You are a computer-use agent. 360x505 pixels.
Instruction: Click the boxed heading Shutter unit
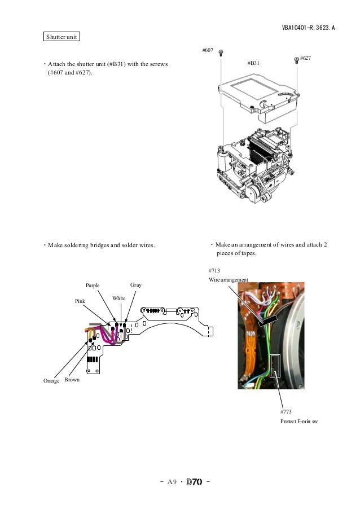pyautogui.click(x=62, y=37)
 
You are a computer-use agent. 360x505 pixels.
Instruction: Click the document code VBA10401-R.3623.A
pyautogui.click(x=308, y=27)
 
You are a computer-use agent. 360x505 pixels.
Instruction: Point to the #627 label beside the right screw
pyautogui.click(x=306, y=58)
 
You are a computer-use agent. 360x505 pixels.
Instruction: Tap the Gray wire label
pyautogui.click(x=136, y=285)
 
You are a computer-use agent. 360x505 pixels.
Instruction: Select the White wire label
pyautogui.click(x=118, y=297)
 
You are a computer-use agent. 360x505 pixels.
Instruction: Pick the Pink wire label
pyautogui.click(x=80, y=302)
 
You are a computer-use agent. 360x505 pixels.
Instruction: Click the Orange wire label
pyautogui.click(x=51, y=381)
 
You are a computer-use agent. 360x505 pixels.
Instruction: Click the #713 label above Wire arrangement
pyautogui.click(x=214, y=271)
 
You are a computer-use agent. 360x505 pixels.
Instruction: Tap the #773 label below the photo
pyautogui.click(x=286, y=412)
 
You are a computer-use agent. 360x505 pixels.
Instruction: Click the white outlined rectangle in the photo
pyautogui.click(x=275, y=365)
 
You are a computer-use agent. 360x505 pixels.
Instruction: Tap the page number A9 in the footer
pyautogui.click(x=171, y=482)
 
